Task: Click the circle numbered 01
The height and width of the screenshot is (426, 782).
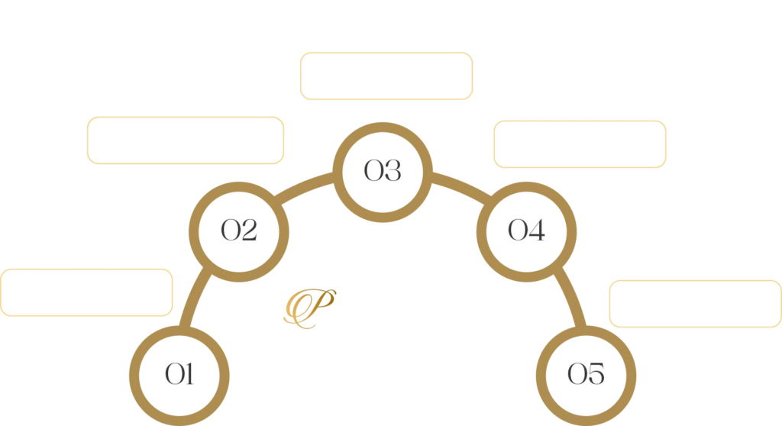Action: (x=179, y=373)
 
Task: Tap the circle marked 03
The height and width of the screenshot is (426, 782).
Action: (x=383, y=170)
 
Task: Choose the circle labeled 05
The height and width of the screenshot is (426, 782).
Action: (x=586, y=373)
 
